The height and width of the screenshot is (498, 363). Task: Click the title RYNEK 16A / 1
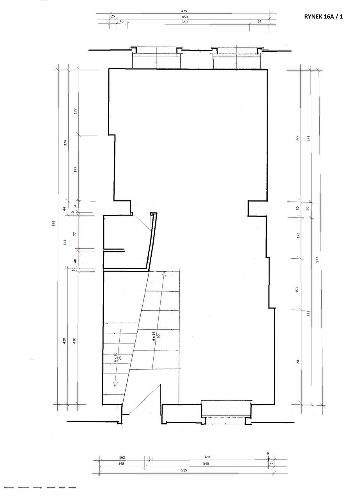click(323, 17)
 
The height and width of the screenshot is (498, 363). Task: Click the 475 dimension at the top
click(184, 11)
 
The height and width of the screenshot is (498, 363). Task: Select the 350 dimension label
click(184, 22)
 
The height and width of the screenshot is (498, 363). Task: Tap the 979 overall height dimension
click(53, 223)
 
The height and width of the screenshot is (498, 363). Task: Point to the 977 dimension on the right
click(317, 260)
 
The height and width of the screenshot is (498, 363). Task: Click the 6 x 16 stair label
click(154, 337)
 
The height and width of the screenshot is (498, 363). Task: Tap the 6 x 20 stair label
click(115, 357)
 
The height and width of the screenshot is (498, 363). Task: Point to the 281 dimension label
click(298, 360)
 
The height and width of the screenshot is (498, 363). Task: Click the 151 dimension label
click(297, 289)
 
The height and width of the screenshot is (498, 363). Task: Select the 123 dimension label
click(298, 235)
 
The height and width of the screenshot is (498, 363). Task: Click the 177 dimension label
click(75, 111)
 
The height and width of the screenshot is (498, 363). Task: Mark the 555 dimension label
click(308, 313)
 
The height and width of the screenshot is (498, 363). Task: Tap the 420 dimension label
click(64, 340)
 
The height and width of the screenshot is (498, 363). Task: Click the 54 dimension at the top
click(259, 21)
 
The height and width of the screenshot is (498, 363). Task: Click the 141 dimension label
click(65, 242)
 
